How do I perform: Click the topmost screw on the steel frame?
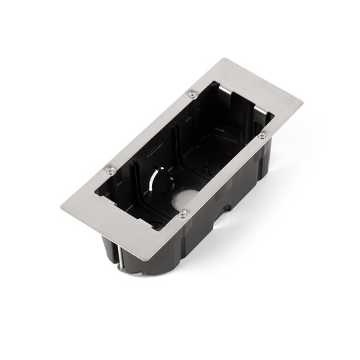pyautogui.click(x=192, y=94)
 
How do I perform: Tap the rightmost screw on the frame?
pyautogui.click(x=262, y=135)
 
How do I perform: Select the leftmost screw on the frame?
pyautogui.click(x=109, y=171)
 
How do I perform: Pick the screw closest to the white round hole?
pyautogui.click(x=183, y=212)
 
